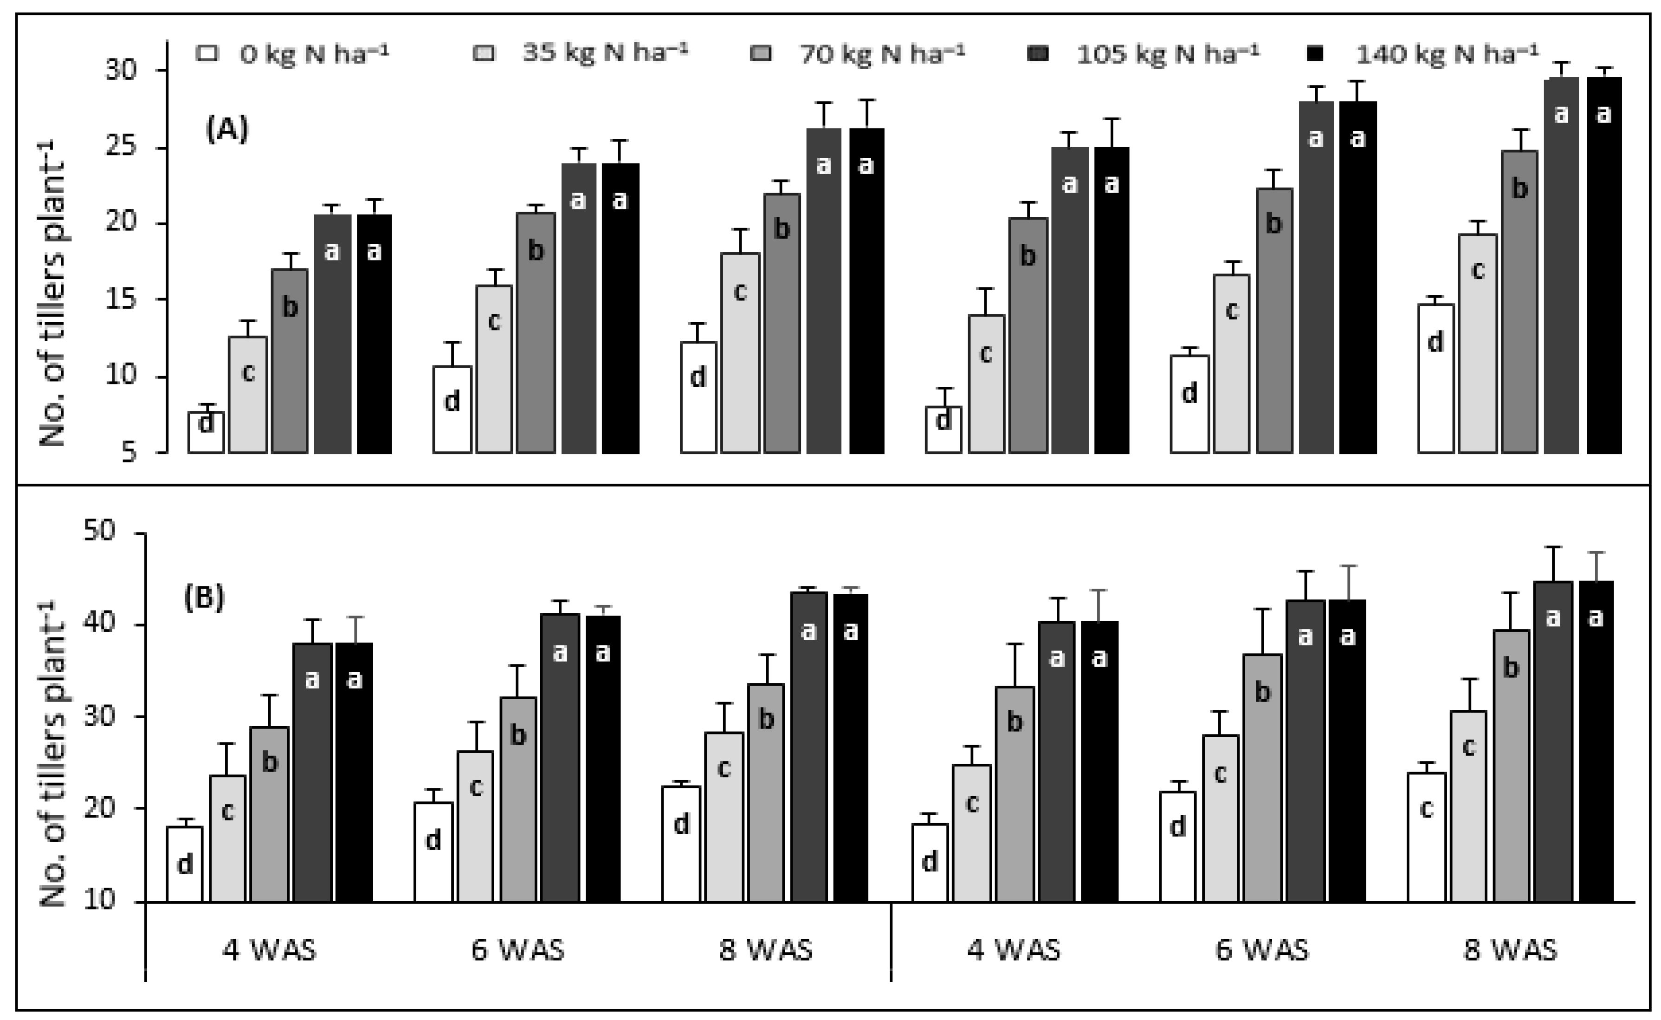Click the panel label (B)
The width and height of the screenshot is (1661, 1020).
204,598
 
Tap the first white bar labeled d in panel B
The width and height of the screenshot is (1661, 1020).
185,864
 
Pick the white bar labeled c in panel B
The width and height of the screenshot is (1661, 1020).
1426,837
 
